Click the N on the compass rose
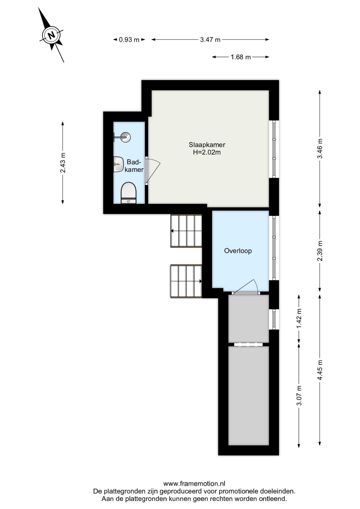pos(51,35)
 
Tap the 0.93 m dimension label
pos(129,40)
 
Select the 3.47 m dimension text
pos(210,40)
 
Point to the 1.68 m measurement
pos(240,57)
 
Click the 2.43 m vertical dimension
pos(63,163)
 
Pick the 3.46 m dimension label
pos(320,148)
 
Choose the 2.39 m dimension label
pos(320,251)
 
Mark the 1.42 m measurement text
pos(299,318)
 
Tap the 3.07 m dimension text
pos(299,396)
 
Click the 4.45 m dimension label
pos(320,370)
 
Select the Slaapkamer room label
pos(207,145)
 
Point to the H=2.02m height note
pos(207,152)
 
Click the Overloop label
pos(238,251)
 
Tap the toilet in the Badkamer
pos(129,193)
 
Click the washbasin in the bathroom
pos(118,164)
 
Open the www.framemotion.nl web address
pos(194,484)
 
